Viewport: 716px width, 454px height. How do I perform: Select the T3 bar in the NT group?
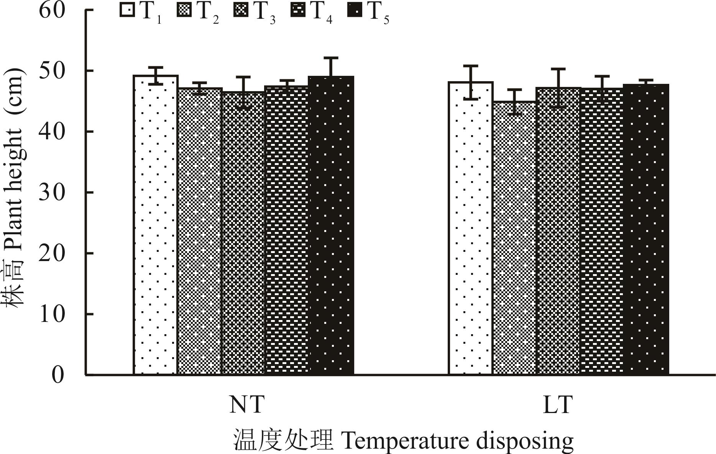(x=243, y=234)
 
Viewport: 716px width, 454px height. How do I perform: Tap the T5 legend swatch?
(x=355, y=10)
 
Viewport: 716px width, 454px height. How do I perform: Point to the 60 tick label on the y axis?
(x=52, y=10)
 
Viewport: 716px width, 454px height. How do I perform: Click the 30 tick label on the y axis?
(x=52, y=192)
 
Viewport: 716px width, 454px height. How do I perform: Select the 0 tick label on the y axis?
(x=57, y=374)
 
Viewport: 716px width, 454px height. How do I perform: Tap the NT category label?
(x=246, y=404)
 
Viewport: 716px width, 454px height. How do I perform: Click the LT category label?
(x=558, y=404)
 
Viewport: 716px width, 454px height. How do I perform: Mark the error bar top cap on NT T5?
(x=331, y=58)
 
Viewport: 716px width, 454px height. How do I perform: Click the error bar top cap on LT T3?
(x=558, y=69)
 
